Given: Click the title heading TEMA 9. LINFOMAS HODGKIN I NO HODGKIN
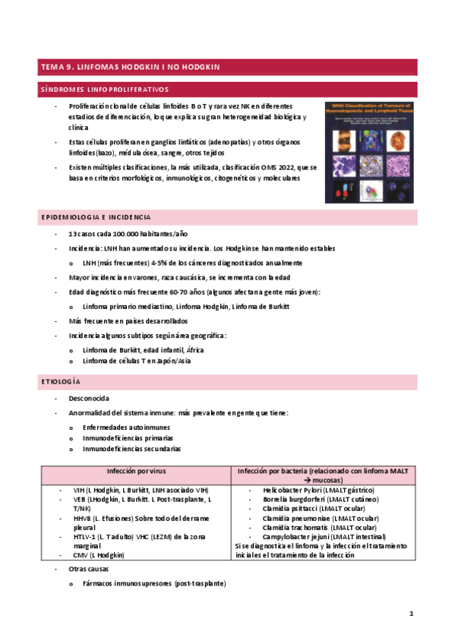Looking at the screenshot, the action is pyautogui.click(x=131, y=67).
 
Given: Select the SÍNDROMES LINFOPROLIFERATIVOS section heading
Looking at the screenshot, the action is pyautogui.click(x=105, y=89).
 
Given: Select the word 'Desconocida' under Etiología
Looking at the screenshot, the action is pyautogui.click(x=89, y=399).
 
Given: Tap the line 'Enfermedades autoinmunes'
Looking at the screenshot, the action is pyautogui.click(x=126, y=427).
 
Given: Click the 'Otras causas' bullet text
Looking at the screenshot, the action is pyautogui.click(x=90, y=569).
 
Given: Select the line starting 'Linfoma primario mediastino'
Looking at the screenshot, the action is pyautogui.click(x=169, y=306).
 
